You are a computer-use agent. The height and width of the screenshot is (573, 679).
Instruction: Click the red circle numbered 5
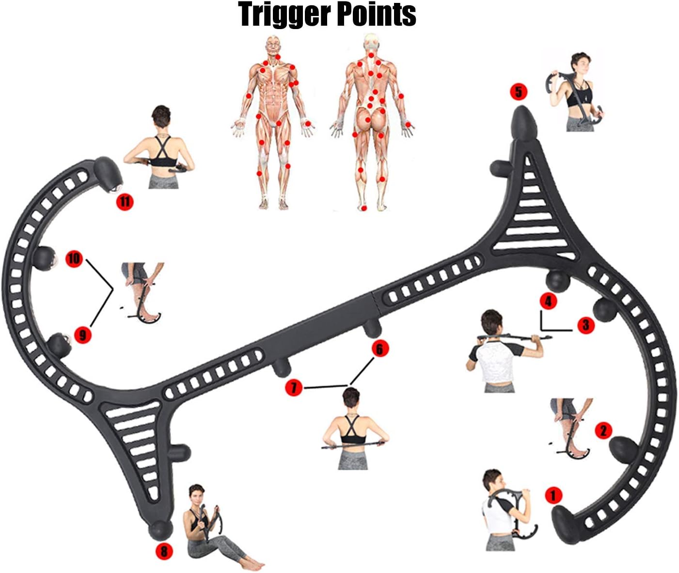[519, 92]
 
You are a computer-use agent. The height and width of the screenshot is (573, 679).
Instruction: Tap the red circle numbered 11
[125, 202]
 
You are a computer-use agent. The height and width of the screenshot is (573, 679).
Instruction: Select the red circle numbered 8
[164, 551]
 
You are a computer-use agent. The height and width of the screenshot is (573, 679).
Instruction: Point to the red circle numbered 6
[379, 349]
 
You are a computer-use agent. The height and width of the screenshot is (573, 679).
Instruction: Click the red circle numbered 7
[294, 388]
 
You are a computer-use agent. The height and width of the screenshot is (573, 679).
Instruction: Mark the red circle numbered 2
[603, 431]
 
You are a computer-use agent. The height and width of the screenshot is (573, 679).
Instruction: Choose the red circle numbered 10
[74, 259]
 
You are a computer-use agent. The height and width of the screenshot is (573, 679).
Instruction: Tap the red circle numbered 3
[585, 325]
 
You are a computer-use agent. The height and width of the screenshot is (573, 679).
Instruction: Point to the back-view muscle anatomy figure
[372, 122]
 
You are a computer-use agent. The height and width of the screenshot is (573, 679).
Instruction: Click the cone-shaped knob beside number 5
[524, 124]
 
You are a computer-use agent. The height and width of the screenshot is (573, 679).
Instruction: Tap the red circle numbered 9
[82, 335]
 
